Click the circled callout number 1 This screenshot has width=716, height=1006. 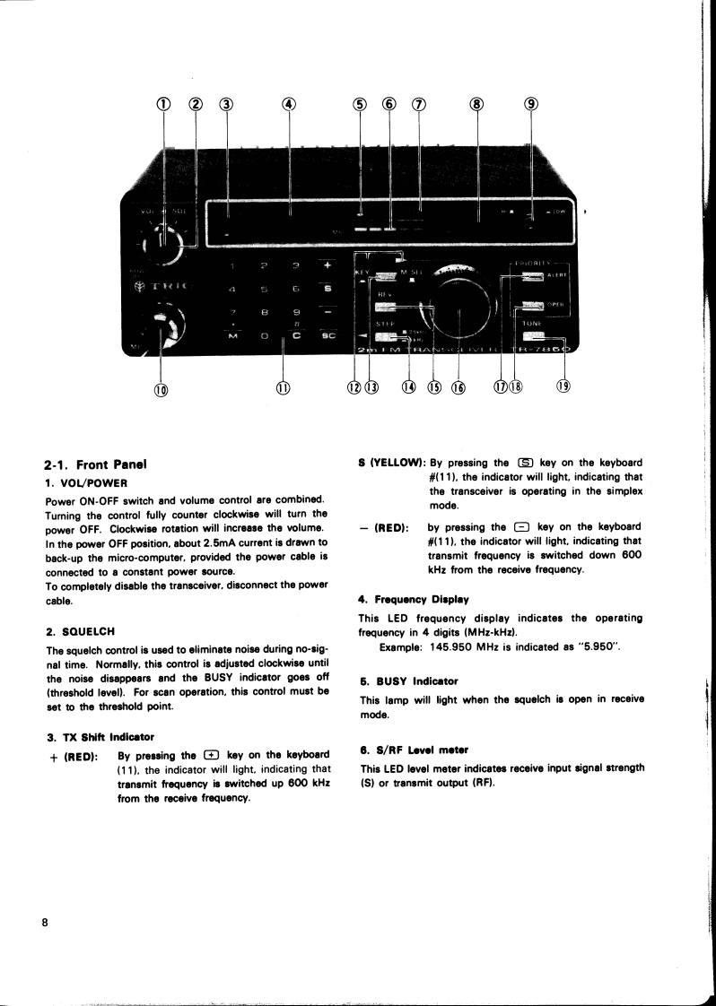click(163, 103)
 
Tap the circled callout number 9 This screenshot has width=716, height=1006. click(531, 103)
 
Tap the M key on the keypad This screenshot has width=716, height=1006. click(232, 335)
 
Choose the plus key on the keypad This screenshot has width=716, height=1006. click(327, 265)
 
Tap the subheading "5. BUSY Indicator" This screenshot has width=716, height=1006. click(409, 681)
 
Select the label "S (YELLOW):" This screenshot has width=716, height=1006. click(391, 464)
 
